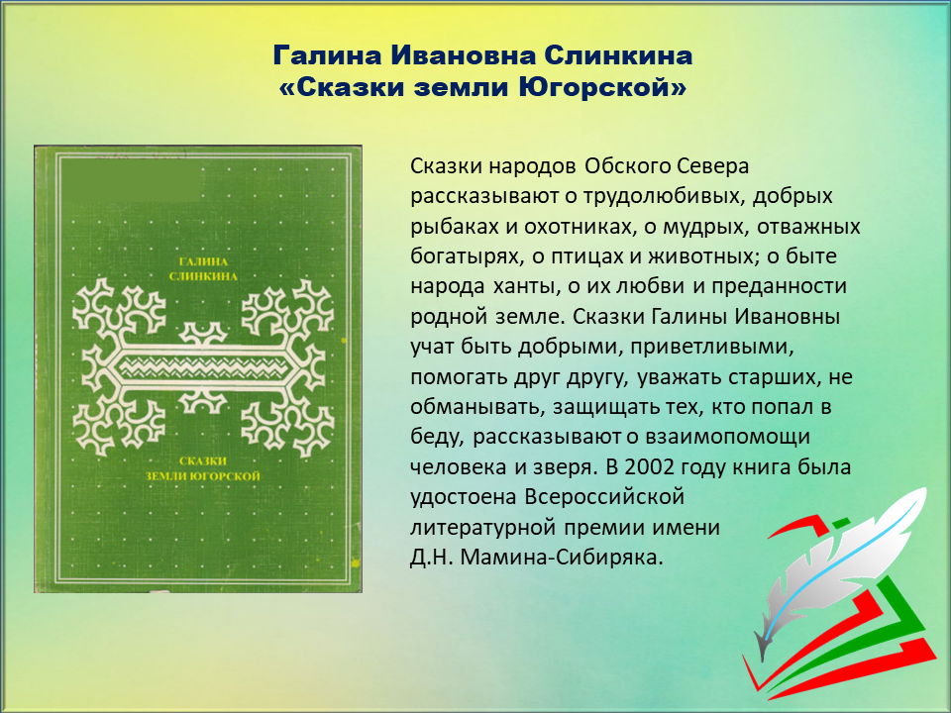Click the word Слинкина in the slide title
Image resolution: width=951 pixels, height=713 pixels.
click(x=618, y=55)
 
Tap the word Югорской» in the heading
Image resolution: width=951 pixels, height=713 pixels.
click(x=602, y=87)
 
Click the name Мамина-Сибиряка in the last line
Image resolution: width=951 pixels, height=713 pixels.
click(x=562, y=558)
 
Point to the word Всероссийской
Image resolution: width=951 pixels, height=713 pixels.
click(x=604, y=497)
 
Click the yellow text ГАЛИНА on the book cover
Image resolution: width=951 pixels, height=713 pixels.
click(x=204, y=261)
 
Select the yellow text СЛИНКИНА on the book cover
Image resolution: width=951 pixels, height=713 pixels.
click(x=203, y=276)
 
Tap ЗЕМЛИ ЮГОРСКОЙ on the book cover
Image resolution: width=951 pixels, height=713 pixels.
click(x=202, y=476)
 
